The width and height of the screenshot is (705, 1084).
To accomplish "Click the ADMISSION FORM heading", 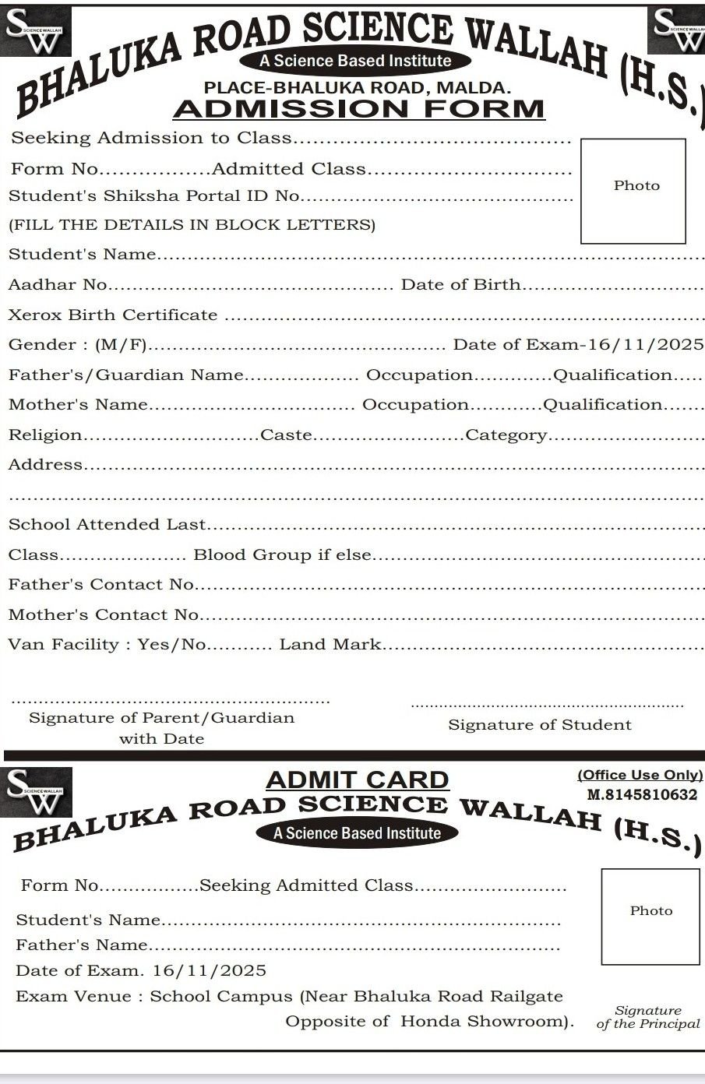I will click(358, 108).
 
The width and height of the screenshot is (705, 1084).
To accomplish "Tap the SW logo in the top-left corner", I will click(34, 32).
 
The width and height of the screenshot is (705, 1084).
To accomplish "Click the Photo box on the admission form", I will click(633, 190).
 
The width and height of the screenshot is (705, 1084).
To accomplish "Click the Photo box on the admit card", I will click(650, 916).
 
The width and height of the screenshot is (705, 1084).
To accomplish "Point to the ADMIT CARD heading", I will click(358, 779).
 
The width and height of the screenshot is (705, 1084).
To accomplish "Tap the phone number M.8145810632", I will click(642, 795).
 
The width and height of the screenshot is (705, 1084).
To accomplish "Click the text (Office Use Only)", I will click(640, 775).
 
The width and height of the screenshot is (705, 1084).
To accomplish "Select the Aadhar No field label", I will click(58, 284).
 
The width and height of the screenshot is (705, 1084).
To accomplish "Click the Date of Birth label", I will click(460, 284).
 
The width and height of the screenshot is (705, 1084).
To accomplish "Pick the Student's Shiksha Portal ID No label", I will click(154, 195).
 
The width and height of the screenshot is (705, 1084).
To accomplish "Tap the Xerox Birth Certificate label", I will click(113, 315).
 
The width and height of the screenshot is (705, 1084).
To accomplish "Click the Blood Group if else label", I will click(282, 554).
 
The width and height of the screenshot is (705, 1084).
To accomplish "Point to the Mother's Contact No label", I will click(104, 614).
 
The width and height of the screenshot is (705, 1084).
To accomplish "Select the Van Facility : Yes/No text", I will click(108, 644).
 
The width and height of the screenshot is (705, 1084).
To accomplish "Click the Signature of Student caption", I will click(539, 725).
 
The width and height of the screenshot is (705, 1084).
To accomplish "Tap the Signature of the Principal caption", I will click(648, 1017).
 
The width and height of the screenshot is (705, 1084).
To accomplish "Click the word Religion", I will click(45, 435).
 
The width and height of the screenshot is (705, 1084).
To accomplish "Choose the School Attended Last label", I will click(108, 524).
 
